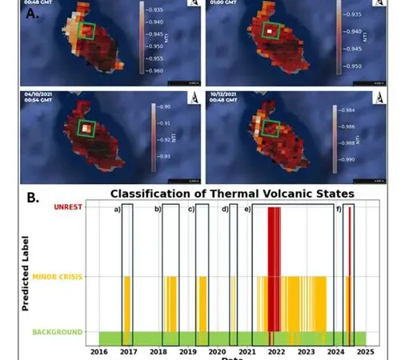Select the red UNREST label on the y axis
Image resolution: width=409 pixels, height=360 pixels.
point(68,207)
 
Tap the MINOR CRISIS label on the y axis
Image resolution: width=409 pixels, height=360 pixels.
point(58,277)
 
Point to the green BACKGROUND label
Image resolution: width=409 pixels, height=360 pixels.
point(57,332)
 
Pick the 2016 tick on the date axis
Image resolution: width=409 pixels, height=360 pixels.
point(98,350)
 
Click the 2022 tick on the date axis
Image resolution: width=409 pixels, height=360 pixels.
point(276,350)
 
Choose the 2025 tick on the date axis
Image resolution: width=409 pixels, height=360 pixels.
point(365,350)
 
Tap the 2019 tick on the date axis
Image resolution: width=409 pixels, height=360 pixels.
point(187,350)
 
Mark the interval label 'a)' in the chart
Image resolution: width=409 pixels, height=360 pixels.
point(117,210)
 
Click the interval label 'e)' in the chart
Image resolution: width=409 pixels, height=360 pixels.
point(247,210)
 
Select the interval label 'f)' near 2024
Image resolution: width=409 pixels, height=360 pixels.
point(339,210)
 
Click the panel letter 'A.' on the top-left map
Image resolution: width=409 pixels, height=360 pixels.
point(32,14)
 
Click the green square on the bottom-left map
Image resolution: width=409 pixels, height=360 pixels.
point(86,127)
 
